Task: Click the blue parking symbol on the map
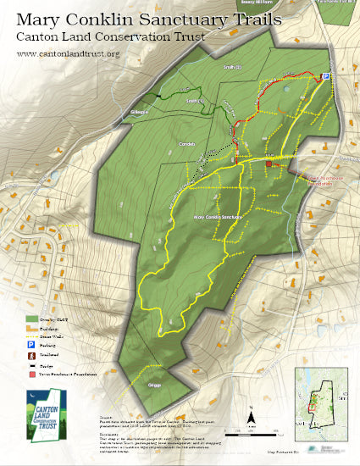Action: click(324, 76)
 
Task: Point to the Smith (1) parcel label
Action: click(196, 102)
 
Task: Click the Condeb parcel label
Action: click(188, 144)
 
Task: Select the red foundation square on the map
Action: click(269, 164)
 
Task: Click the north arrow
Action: click(251, 416)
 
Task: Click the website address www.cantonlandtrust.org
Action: click(68, 54)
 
